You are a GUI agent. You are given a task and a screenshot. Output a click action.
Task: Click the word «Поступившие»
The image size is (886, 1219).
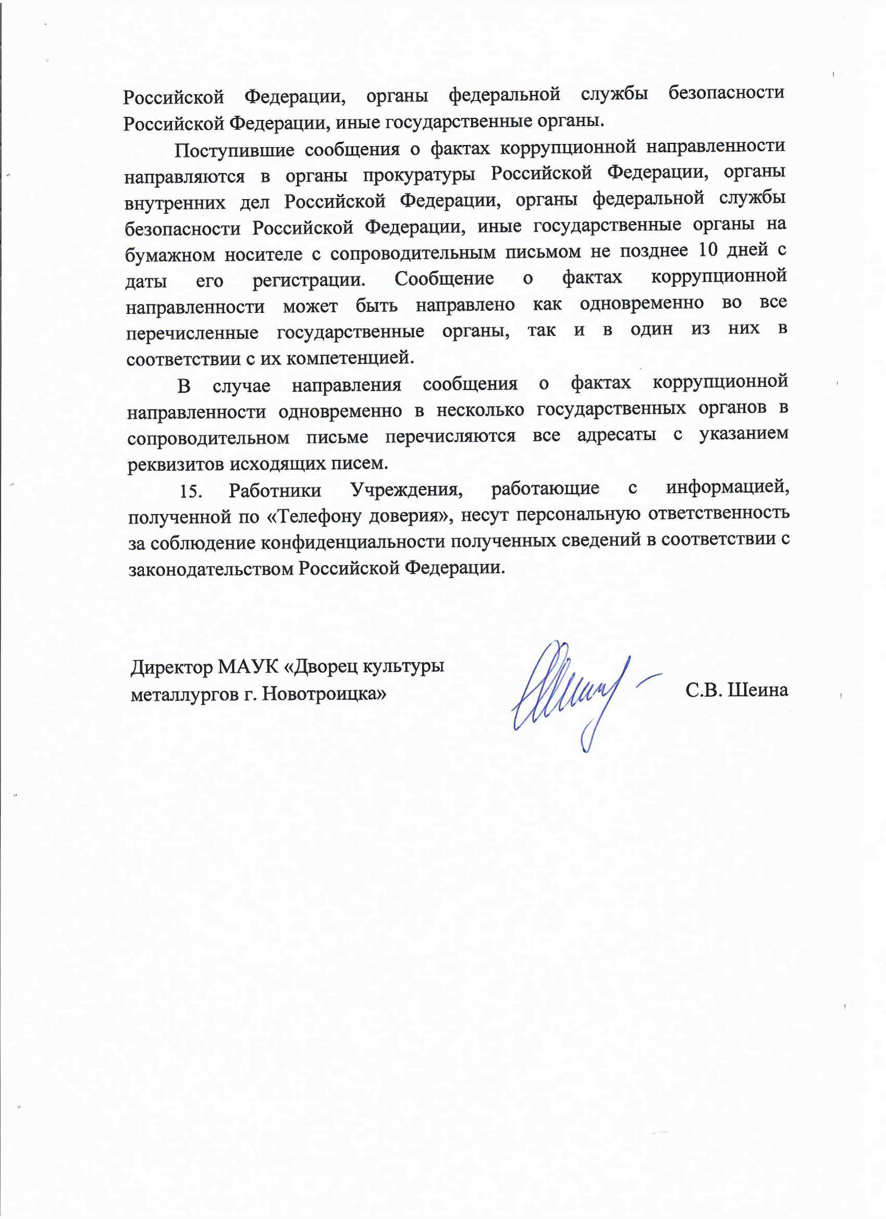234,150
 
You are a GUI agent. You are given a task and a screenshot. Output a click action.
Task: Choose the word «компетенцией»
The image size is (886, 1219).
350,357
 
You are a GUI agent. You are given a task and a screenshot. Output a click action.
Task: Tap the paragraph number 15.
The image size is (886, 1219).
190,491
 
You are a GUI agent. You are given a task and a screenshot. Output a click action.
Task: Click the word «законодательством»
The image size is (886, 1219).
211,569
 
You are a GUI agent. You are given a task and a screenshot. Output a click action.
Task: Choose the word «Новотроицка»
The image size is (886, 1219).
324,694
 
